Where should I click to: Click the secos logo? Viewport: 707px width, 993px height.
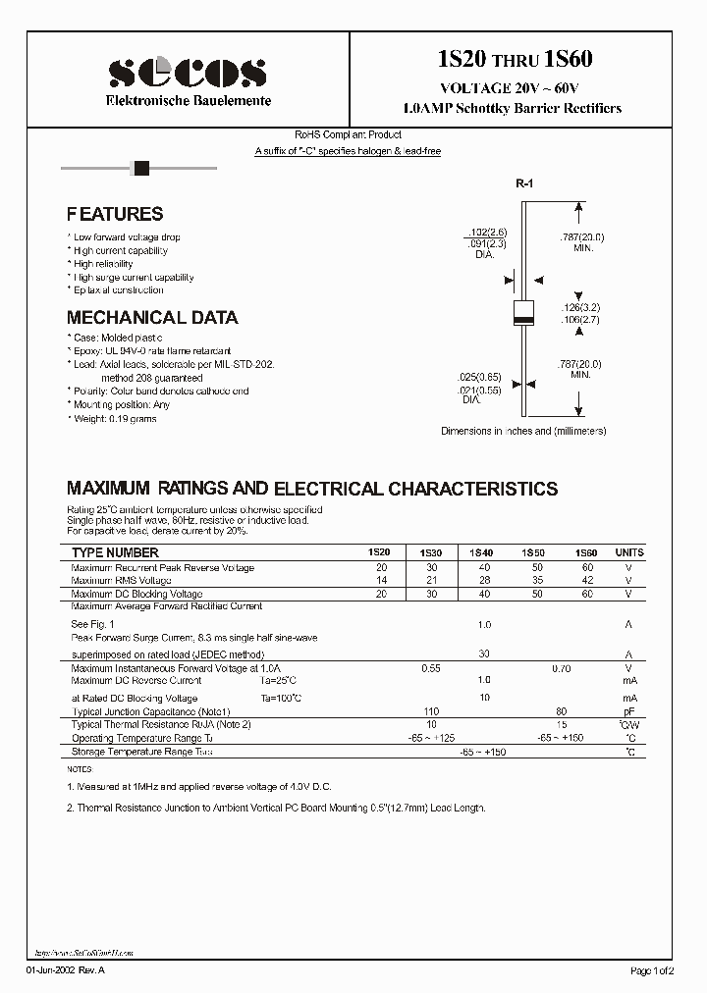pos(187,70)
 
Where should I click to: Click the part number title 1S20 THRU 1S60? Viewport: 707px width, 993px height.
pos(515,60)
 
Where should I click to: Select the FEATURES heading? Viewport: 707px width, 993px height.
pos(115,214)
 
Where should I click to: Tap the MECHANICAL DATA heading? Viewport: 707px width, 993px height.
pos(152,318)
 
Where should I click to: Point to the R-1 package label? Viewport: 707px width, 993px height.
pos(524,184)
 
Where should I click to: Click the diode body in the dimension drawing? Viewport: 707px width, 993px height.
pos(524,311)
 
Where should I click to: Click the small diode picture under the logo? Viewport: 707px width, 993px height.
pos(140,168)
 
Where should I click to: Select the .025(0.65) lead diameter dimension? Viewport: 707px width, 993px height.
pos(479,378)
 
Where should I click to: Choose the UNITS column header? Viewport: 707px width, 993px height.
pos(629,553)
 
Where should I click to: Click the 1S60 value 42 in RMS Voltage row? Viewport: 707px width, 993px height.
pos(587,581)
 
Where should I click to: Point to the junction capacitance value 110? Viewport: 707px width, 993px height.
pos(430,710)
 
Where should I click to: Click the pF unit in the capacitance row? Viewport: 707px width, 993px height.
pos(629,710)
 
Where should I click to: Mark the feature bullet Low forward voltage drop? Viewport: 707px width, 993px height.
pos(127,237)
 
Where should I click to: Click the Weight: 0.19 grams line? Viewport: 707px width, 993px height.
pos(115,418)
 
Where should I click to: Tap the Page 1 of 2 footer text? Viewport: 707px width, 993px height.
pos(652,970)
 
